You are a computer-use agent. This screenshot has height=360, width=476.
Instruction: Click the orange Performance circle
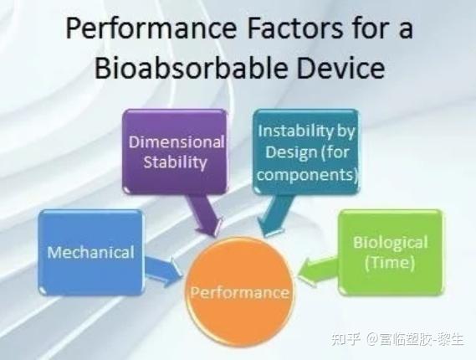click(239, 292)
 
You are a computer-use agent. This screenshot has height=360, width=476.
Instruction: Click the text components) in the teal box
click(307, 174)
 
